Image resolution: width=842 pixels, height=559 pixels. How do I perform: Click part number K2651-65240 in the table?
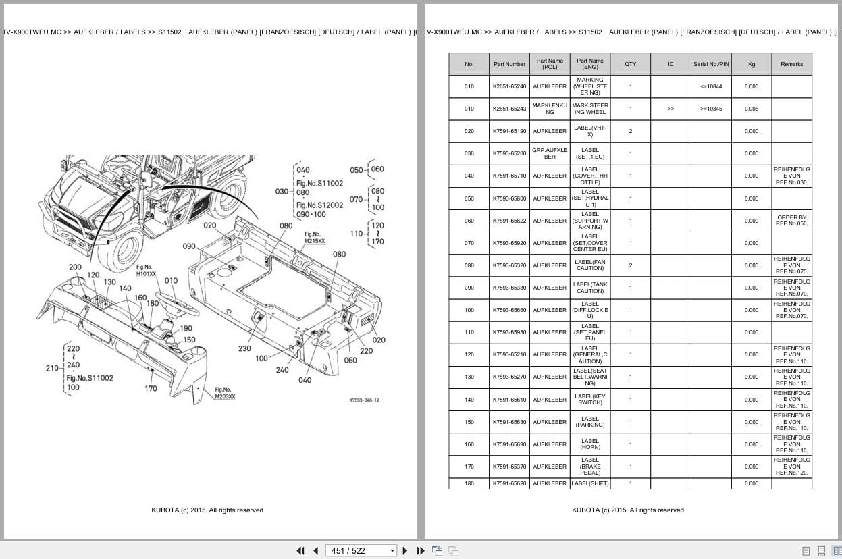(509, 86)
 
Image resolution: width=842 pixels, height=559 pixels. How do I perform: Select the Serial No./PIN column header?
(711, 64)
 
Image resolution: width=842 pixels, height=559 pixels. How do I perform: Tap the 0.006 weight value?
(751, 109)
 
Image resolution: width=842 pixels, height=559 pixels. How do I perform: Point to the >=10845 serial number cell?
(711, 109)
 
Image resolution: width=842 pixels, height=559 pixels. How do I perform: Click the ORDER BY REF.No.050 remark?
(791, 221)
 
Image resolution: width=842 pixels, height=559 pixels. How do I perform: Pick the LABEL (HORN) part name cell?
(589, 444)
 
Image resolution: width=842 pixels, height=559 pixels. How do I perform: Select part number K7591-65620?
(509, 483)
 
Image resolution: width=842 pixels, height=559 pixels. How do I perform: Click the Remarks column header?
(791, 64)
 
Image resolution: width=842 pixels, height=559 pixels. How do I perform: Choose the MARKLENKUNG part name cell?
(550, 109)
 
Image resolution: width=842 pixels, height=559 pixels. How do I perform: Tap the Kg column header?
(751, 64)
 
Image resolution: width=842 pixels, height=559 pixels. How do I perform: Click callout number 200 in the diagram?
(75, 267)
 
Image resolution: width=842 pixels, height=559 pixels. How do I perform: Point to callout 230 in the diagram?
(244, 348)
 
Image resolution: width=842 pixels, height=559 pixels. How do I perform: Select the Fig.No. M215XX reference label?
(314, 238)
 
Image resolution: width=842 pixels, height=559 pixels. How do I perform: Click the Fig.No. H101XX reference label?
(146, 270)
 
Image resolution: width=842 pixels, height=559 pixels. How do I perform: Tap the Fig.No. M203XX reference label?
(225, 393)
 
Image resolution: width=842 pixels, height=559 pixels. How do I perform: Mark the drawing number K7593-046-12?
(364, 400)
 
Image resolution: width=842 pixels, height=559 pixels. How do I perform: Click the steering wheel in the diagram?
(177, 303)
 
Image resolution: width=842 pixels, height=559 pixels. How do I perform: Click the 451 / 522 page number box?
(361, 550)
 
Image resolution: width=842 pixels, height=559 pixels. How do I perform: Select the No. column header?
(469, 64)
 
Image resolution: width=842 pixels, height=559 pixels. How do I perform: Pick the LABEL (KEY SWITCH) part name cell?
(589, 400)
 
